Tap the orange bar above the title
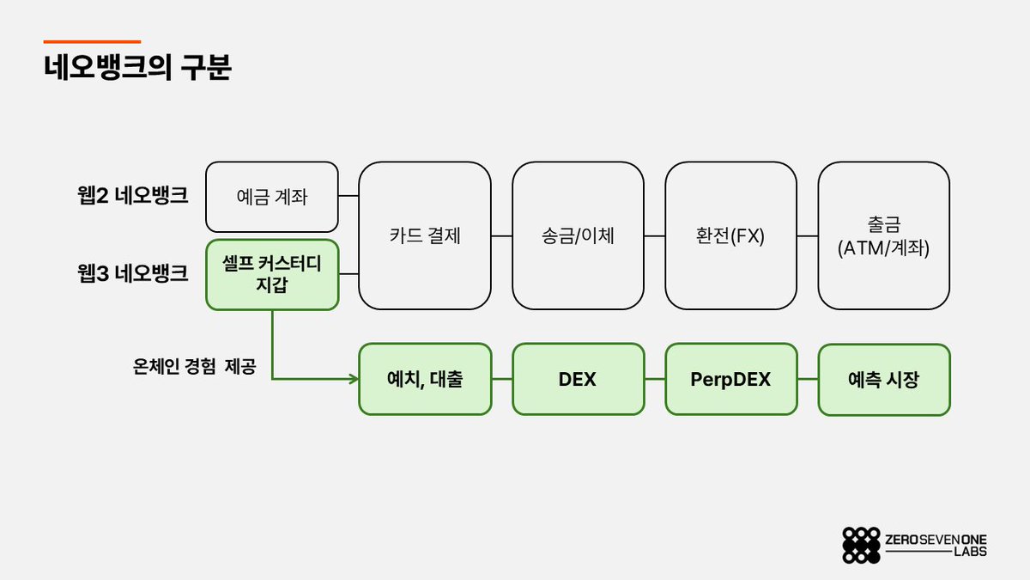(x=92, y=41)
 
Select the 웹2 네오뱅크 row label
(x=132, y=195)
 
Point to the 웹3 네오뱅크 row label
(x=132, y=274)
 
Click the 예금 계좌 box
(x=272, y=197)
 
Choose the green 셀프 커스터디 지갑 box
(x=272, y=274)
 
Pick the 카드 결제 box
(x=425, y=235)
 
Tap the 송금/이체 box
(x=578, y=235)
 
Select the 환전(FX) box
(x=730, y=235)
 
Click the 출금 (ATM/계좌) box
(x=883, y=235)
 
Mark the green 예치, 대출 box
(x=425, y=379)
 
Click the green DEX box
(x=578, y=379)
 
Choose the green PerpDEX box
(x=730, y=379)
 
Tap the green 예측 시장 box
(x=883, y=379)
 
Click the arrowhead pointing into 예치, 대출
(x=353, y=379)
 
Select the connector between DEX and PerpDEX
(x=655, y=379)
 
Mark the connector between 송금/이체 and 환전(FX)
(x=655, y=235)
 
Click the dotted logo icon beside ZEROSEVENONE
(x=861, y=545)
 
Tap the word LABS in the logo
(x=970, y=552)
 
